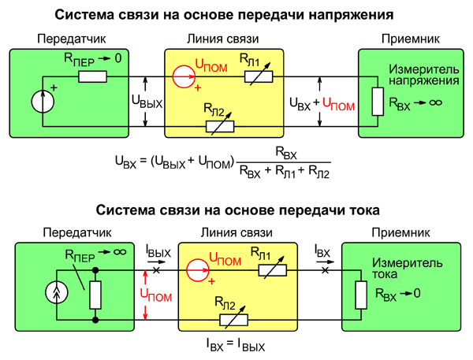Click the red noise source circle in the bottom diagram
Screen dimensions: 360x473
pyautogui.click(x=199, y=269)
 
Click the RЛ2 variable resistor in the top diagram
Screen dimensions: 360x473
pyautogui.click(x=222, y=124)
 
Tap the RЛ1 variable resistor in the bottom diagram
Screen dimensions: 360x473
pyautogui.click(x=274, y=269)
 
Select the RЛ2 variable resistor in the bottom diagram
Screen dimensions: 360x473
pyautogui.click(x=233, y=320)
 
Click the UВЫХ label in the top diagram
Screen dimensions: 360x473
pyautogui.click(x=147, y=102)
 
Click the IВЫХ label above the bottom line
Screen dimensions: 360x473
pyautogui.click(x=158, y=251)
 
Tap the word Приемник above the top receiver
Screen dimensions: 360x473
pyautogui.click(x=409, y=39)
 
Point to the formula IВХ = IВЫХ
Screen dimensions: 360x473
pyautogui.click(x=236, y=344)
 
